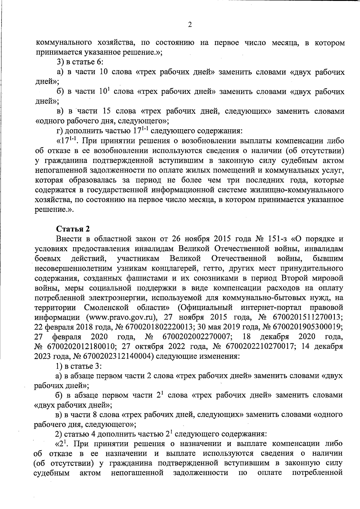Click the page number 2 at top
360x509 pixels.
coord(189,25)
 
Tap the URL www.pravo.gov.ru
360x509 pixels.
coord(121,317)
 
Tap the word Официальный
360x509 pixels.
coord(205,307)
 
